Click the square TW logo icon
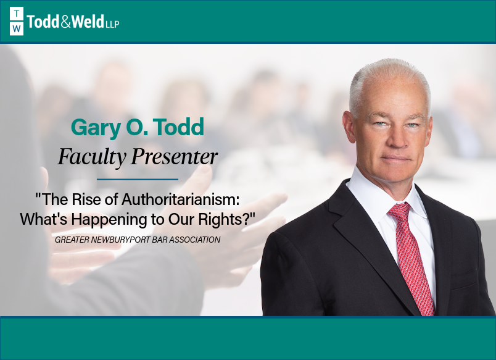[x=17, y=22]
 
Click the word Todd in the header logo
[x=41, y=23]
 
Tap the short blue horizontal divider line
[x=138, y=179]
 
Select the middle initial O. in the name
[x=129, y=127]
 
